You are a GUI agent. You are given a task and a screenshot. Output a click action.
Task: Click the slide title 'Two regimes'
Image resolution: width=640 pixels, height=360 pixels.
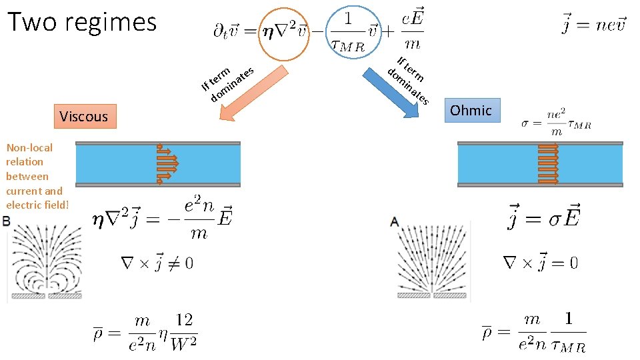click(82, 21)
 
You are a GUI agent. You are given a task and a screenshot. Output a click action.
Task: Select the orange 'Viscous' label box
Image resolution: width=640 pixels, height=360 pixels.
click(83, 117)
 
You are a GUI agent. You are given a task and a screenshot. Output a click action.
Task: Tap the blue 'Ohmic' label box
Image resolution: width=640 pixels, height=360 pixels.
click(471, 110)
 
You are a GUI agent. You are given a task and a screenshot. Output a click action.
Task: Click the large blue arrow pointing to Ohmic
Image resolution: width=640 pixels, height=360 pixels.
click(393, 93)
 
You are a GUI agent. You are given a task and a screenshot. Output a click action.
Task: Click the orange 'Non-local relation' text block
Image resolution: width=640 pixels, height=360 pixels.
click(36, 176)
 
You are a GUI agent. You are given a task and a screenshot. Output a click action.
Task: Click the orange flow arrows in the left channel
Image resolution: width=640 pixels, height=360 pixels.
click(167, 163)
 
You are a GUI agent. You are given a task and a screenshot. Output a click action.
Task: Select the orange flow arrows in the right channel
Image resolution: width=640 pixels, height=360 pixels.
click(548, 163)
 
